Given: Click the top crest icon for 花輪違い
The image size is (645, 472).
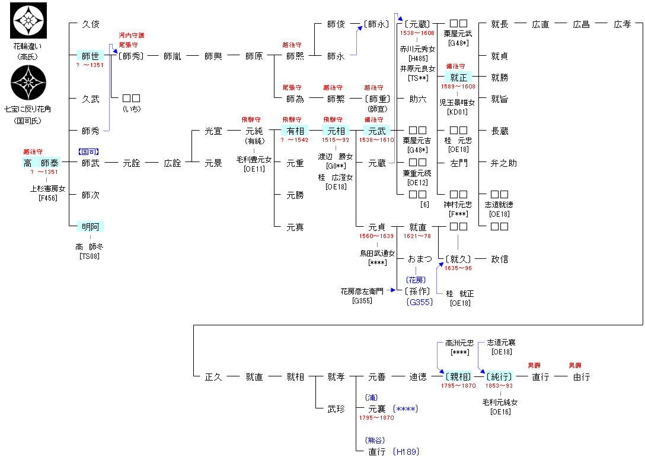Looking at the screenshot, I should pos(28,21).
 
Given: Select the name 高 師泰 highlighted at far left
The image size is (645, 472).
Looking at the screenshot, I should pos(41,163).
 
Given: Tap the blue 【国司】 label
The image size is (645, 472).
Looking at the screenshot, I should pos(90,151).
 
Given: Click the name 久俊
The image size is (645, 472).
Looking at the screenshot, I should pos(91,24).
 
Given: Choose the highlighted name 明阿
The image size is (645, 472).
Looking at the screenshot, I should pos(91,226).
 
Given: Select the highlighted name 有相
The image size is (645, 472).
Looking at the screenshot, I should pos(295,131).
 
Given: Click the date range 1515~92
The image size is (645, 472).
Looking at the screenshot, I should pos(336,141).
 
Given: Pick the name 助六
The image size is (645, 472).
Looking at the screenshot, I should pos(418,99).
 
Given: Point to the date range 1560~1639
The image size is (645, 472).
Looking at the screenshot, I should pos(377,236).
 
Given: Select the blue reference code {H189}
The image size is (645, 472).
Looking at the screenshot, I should pos(405,452).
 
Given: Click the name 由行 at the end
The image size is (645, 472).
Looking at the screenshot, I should pos(582,376).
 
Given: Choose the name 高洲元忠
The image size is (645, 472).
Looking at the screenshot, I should pos(459,343).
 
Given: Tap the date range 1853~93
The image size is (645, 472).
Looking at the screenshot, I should pos(500,386).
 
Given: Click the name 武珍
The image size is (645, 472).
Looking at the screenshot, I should pos(336,408).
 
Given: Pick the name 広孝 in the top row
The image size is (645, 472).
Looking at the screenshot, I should pos(622,24).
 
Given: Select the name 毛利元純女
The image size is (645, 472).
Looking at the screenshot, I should pos(500,403).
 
